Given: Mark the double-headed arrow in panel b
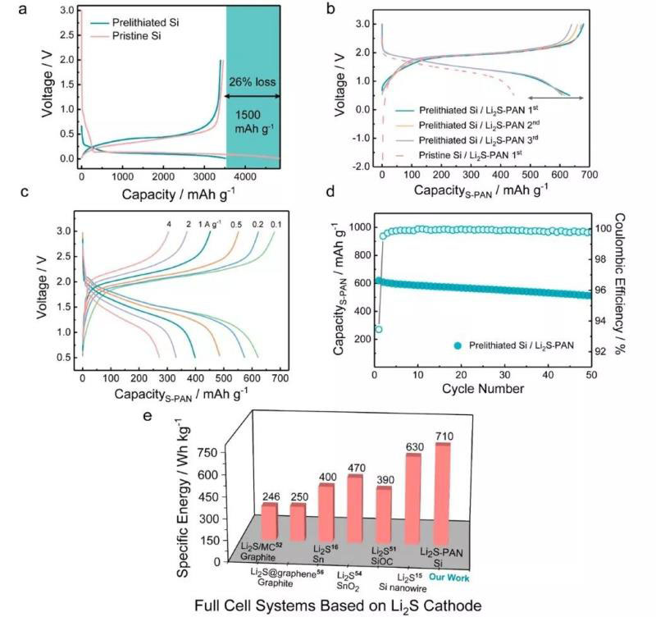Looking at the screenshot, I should point(554,98).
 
